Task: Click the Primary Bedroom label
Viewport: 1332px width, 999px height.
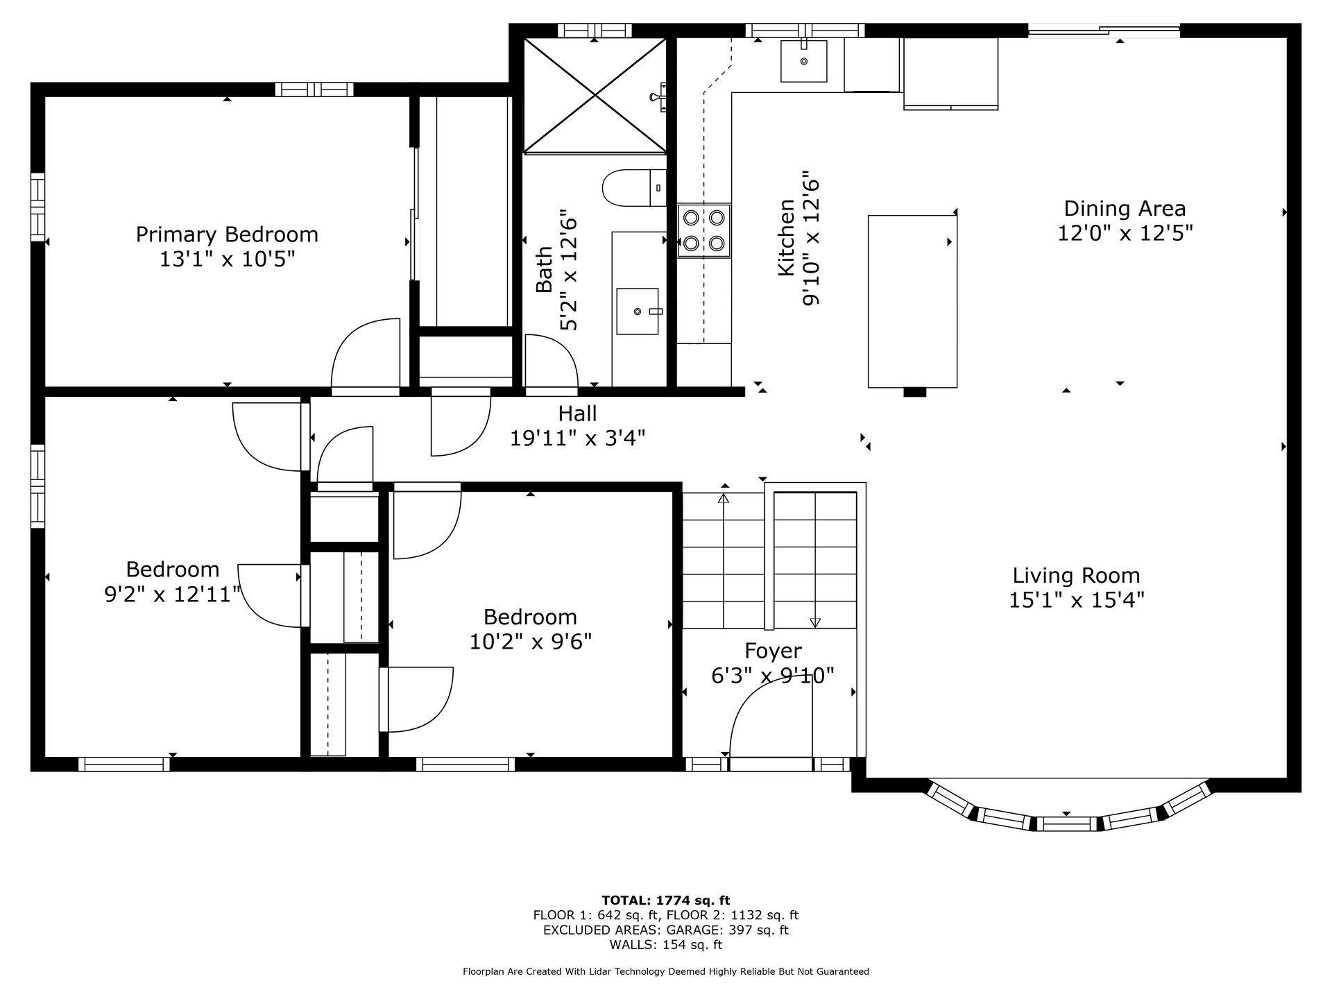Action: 227,234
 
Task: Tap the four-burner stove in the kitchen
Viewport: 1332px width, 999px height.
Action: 704,230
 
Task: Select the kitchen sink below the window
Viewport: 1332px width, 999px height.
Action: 804,61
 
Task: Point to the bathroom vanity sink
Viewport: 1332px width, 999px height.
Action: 638,311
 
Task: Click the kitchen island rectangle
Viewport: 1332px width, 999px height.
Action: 912,301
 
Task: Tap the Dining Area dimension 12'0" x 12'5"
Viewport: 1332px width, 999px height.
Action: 1125,233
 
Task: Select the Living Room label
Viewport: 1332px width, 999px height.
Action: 1076,575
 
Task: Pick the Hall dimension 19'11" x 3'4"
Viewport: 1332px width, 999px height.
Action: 578,438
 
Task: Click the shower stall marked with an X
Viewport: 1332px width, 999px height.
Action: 595,95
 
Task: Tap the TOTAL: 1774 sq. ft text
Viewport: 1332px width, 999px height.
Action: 666,900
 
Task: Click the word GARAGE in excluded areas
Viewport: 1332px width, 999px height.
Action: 692,930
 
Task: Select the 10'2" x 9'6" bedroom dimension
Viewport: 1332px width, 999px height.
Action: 531,642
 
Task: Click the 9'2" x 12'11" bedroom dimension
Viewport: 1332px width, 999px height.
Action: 173,595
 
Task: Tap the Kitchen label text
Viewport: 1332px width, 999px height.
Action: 786,238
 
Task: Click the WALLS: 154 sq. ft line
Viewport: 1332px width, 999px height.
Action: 666,945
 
